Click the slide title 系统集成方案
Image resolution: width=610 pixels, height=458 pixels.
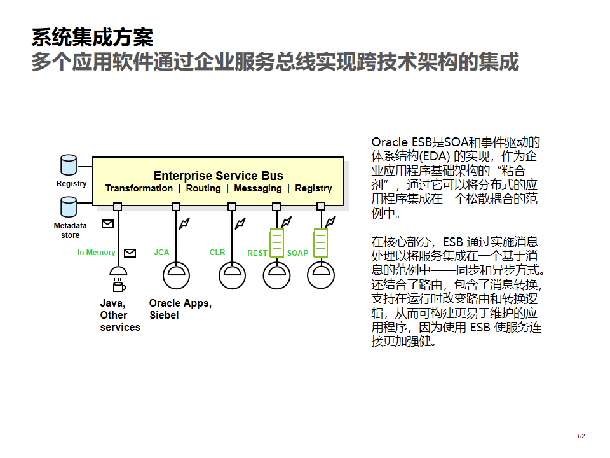[92, 38]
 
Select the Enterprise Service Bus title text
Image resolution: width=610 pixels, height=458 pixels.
[218, 176]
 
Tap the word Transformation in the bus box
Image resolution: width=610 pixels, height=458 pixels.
[139, 188]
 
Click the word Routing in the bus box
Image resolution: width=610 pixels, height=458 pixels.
[203, 188]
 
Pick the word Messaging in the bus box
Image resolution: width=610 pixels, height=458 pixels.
[257, 188]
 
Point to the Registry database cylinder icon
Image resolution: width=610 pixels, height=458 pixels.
[68, 165]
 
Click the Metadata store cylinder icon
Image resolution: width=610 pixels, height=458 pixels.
[68, 207]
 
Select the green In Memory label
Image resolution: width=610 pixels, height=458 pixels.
[96, 253]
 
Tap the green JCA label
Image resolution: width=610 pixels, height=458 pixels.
[161, 253]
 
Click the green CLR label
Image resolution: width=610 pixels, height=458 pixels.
[217, 253]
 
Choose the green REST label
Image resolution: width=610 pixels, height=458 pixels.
[257, 253]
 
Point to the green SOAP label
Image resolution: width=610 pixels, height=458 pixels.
[297, 253]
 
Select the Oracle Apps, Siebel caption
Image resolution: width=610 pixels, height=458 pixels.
[180, 309]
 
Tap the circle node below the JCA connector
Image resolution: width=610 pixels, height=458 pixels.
[176, 275]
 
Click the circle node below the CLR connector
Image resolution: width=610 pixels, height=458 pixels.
[232, 275]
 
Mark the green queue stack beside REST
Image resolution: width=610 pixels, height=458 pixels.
[276, 243]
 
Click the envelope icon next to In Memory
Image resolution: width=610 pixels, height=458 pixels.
[130, 253]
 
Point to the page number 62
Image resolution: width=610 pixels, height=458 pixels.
[581, 436]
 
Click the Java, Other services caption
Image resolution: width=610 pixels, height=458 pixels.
[119, 316]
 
